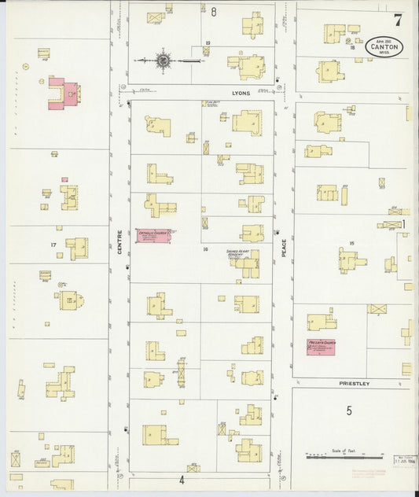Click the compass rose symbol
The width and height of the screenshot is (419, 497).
[164, 60]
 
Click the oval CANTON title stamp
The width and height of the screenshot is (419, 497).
[384, 47]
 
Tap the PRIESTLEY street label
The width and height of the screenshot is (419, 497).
[354, 383]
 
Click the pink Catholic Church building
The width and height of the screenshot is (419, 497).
[153, 236]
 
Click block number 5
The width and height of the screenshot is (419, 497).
[348, 410]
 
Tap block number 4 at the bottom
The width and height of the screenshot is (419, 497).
[181, 479]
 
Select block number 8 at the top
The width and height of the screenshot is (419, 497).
[213, 11]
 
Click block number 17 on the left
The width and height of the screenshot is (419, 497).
[53, 245]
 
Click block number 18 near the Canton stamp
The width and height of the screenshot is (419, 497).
[351, 47]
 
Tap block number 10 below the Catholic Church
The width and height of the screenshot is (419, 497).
[204, 249]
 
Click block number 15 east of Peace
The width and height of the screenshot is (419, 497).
[351, 244]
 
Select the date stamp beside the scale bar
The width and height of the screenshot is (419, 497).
[402, 456]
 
